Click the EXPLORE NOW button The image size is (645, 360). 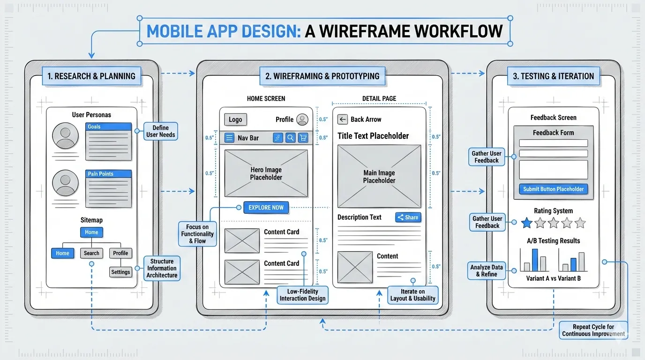click(x=266, y=208)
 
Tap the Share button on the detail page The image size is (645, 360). click(x=408, y=217)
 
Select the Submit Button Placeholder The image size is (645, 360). click(x=553, y=189)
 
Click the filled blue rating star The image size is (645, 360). click(x=527, y=223)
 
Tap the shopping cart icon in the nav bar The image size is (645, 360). click(x=303, y=138)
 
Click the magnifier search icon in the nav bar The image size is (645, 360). click(x=291, y=138)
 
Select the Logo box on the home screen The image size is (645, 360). click(x=235, y=120)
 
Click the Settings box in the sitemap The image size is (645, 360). click(x=120, y=272)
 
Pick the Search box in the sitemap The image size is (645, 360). click(x=91, y=253)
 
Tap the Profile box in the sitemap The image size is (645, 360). click(x=120, y=253)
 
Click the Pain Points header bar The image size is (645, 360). click(x=109, y=174)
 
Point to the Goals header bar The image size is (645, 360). click(x=109, y=127)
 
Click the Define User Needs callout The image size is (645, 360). click(x=160, y=131)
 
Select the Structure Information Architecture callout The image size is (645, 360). click(x=162, y=268)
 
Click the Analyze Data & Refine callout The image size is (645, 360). click(x=486, y=270)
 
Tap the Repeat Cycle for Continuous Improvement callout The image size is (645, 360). click(x=593, y=330)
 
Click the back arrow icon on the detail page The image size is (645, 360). click(x=343, y=120)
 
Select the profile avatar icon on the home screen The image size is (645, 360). click(x=302, y=120)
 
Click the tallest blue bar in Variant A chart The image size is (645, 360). click(x=535, y=260)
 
